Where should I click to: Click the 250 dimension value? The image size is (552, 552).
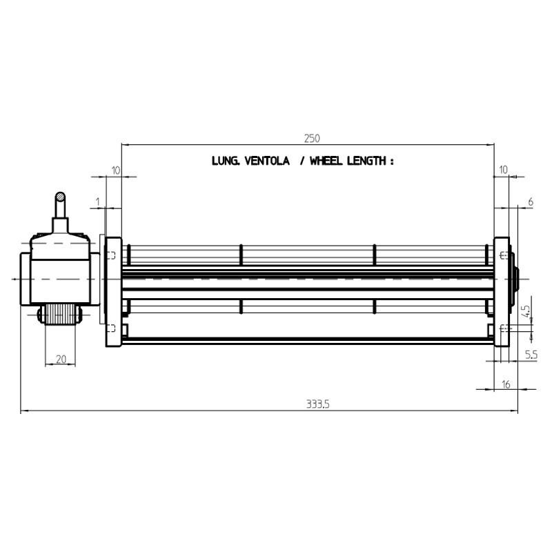(312, 139)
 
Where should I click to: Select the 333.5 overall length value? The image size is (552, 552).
(317, 404)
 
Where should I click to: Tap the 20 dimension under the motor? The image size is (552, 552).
(61, 359)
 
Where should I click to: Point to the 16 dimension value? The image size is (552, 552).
(506, 384)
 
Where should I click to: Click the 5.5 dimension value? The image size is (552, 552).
(531, 355)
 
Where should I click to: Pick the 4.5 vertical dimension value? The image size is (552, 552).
(526, 312)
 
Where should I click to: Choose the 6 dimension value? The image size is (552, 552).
(531, 202)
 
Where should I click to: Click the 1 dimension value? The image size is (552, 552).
(98, 202)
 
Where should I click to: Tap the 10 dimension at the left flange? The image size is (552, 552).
(116, 170)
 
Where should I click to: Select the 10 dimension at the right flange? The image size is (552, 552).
(504, 170)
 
